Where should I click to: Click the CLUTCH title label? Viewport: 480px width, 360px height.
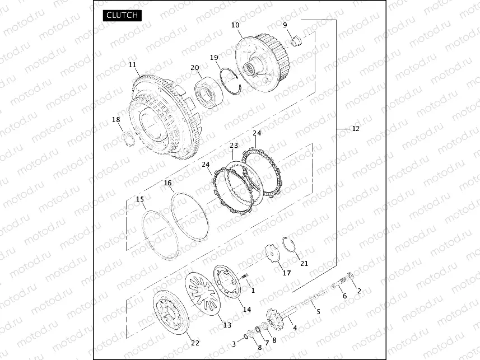coord(122,15)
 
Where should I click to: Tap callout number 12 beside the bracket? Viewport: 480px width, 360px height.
coord(356,129)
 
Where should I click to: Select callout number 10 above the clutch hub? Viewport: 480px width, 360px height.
coord(235,25)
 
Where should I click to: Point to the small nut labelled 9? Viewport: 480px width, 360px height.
coord(296,41)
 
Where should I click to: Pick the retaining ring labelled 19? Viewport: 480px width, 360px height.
coord(231,81)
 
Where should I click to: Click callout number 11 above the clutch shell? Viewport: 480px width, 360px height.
coord(132,65)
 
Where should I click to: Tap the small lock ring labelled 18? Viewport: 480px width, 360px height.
coord(128,139)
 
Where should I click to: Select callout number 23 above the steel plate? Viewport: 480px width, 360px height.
coord(234,145)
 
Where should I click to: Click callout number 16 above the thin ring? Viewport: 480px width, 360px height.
coord(168,183)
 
